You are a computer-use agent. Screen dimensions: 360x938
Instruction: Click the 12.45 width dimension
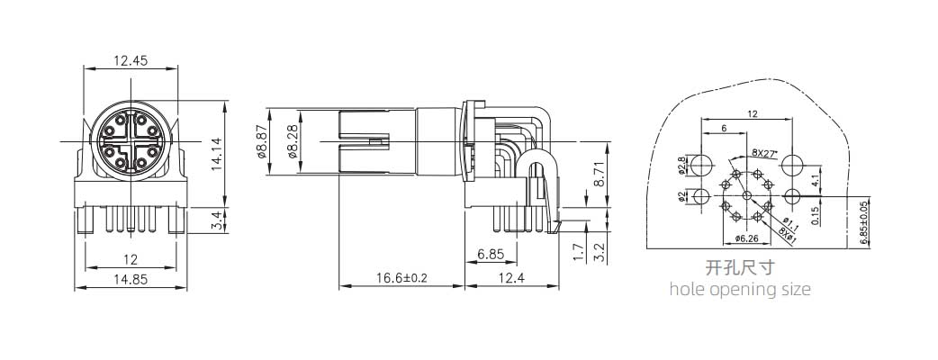click(x=130, y=60)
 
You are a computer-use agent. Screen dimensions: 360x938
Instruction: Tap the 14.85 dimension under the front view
click(x=130, y=279)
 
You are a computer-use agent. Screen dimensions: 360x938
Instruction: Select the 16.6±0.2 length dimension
click(x=401, y=279)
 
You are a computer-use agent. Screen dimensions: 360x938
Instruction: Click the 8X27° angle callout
click(x=764, y=153)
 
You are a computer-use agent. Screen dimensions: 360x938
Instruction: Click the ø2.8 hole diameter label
click(x=681, y=166)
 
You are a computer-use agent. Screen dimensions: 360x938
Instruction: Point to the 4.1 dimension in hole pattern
click(x=814, y=180)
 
